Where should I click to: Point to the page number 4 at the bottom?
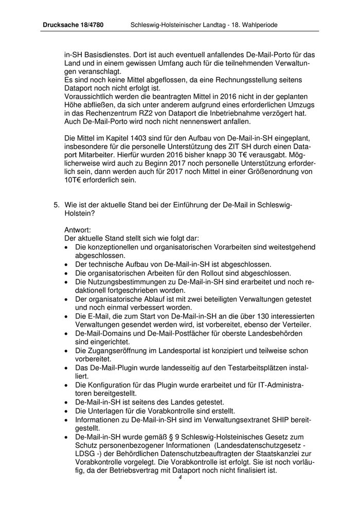181,477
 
